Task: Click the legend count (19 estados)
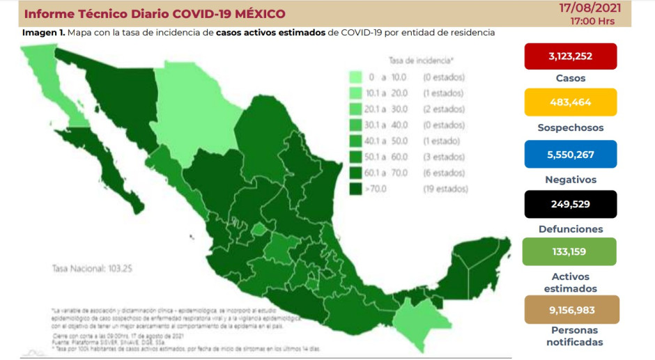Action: (x=443, y=189)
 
